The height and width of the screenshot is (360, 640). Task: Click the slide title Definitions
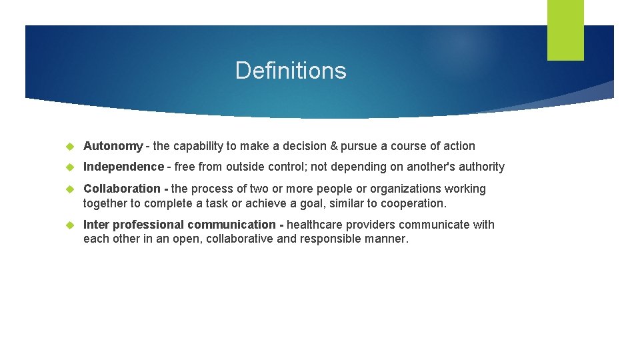291,71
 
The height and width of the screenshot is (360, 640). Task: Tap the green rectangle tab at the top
565,29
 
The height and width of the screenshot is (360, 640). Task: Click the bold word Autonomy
113,146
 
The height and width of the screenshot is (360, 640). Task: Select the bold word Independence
123,167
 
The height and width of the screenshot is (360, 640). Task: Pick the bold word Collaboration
122,189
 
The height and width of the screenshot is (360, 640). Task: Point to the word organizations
405,189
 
